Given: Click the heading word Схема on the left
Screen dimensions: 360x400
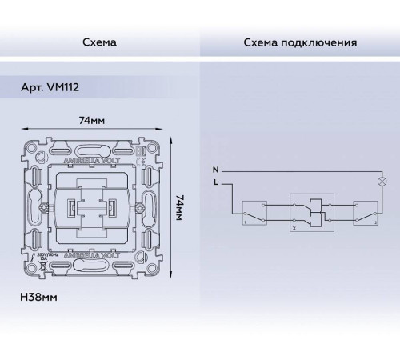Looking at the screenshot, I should pos(99,42).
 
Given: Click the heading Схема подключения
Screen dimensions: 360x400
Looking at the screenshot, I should pos(300,42).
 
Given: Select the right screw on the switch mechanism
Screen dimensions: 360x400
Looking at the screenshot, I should pos(141,209).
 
